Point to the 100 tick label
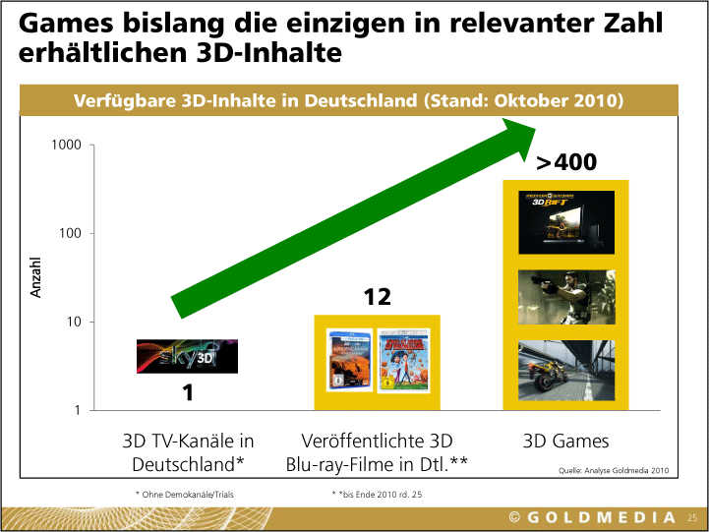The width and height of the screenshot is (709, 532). [71, 234]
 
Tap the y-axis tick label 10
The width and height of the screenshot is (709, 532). [74, 323]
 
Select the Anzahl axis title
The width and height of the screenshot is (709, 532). [36, 278]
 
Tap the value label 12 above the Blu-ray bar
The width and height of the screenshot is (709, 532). [378, 297]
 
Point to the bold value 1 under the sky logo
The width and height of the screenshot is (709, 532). [187, 393]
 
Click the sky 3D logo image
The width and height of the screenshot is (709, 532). [187, 356]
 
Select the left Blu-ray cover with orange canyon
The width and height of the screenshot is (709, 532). [350, 360]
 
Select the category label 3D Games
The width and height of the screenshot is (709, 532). [565, 441]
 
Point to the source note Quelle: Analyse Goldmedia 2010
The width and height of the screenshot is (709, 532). [613, 472]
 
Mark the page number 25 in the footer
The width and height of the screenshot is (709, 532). [691, 517]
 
